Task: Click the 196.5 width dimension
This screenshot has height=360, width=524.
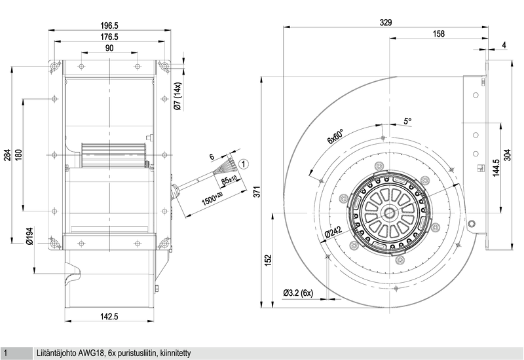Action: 109,26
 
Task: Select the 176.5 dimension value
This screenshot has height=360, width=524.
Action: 109,37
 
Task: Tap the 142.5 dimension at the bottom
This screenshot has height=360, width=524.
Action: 109,316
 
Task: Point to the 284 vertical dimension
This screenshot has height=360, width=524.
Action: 7,154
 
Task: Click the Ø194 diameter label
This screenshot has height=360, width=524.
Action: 29,236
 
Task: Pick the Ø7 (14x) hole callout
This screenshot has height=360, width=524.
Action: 178,96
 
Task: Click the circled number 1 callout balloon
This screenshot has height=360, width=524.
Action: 244,164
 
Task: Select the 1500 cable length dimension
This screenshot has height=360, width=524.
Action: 213,198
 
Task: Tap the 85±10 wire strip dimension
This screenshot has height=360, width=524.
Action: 229,181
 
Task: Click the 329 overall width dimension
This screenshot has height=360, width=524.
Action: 386,22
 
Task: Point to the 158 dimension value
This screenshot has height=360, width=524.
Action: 439,33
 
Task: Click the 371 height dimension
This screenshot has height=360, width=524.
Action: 256,192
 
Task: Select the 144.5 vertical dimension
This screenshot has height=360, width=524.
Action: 496,168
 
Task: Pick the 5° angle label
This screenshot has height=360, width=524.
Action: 407,121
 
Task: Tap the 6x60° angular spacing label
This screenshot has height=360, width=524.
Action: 335,136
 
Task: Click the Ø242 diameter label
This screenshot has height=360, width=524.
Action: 333,232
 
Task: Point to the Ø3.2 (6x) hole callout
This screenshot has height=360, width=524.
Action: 298,293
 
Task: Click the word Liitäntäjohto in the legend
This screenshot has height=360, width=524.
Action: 56,353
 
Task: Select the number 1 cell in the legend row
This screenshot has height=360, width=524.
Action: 6,353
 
